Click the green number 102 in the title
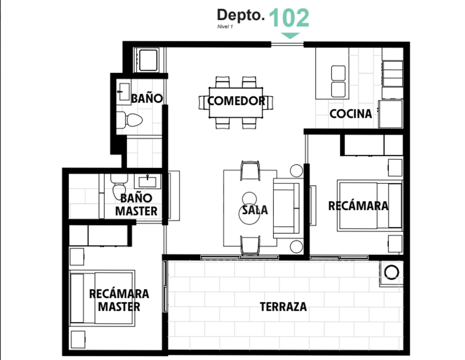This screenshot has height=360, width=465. coord(289,18)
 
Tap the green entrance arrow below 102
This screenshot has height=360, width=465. coord(290,36)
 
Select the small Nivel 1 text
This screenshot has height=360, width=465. coord(225,27)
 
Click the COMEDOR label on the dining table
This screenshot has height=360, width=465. coord(236,101)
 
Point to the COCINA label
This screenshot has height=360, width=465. coord(351,114)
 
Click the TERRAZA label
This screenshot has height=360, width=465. coord(283,307)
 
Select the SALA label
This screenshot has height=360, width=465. coord(255,210)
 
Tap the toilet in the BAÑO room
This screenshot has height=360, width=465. coord(129,120)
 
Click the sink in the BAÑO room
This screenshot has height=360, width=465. coord(124,92)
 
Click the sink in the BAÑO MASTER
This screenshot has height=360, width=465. coord(147,182)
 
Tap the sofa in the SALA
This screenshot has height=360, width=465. coord(288,208)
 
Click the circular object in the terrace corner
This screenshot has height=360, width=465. coord(392,273)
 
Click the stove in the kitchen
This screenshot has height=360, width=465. coord(393,74)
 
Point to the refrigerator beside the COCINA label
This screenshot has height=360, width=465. coord(391,114)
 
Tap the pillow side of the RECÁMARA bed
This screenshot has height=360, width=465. coord(395,206)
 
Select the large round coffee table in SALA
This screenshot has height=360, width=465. coord(249,214)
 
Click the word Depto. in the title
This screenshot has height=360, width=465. coord(241,15)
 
